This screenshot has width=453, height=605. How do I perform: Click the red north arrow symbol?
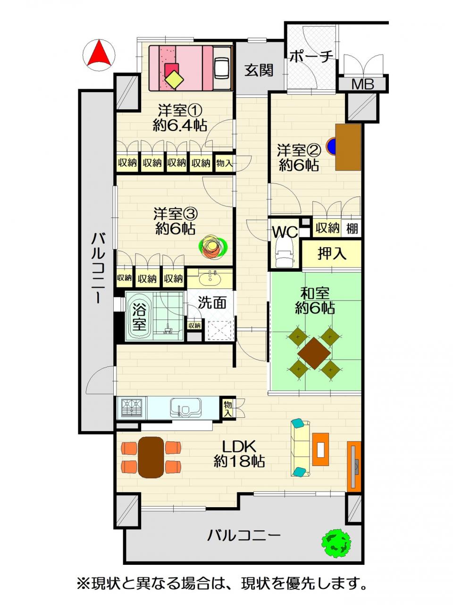point(99,53)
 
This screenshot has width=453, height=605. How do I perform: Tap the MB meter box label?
point(363,84)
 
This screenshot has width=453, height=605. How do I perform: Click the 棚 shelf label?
point(352,228)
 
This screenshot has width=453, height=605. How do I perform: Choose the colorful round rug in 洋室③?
point(213,246)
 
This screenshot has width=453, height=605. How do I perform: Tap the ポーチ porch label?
point(311,57)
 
